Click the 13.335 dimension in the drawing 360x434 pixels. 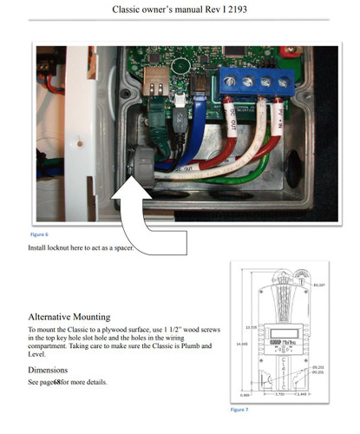point(250,327)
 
